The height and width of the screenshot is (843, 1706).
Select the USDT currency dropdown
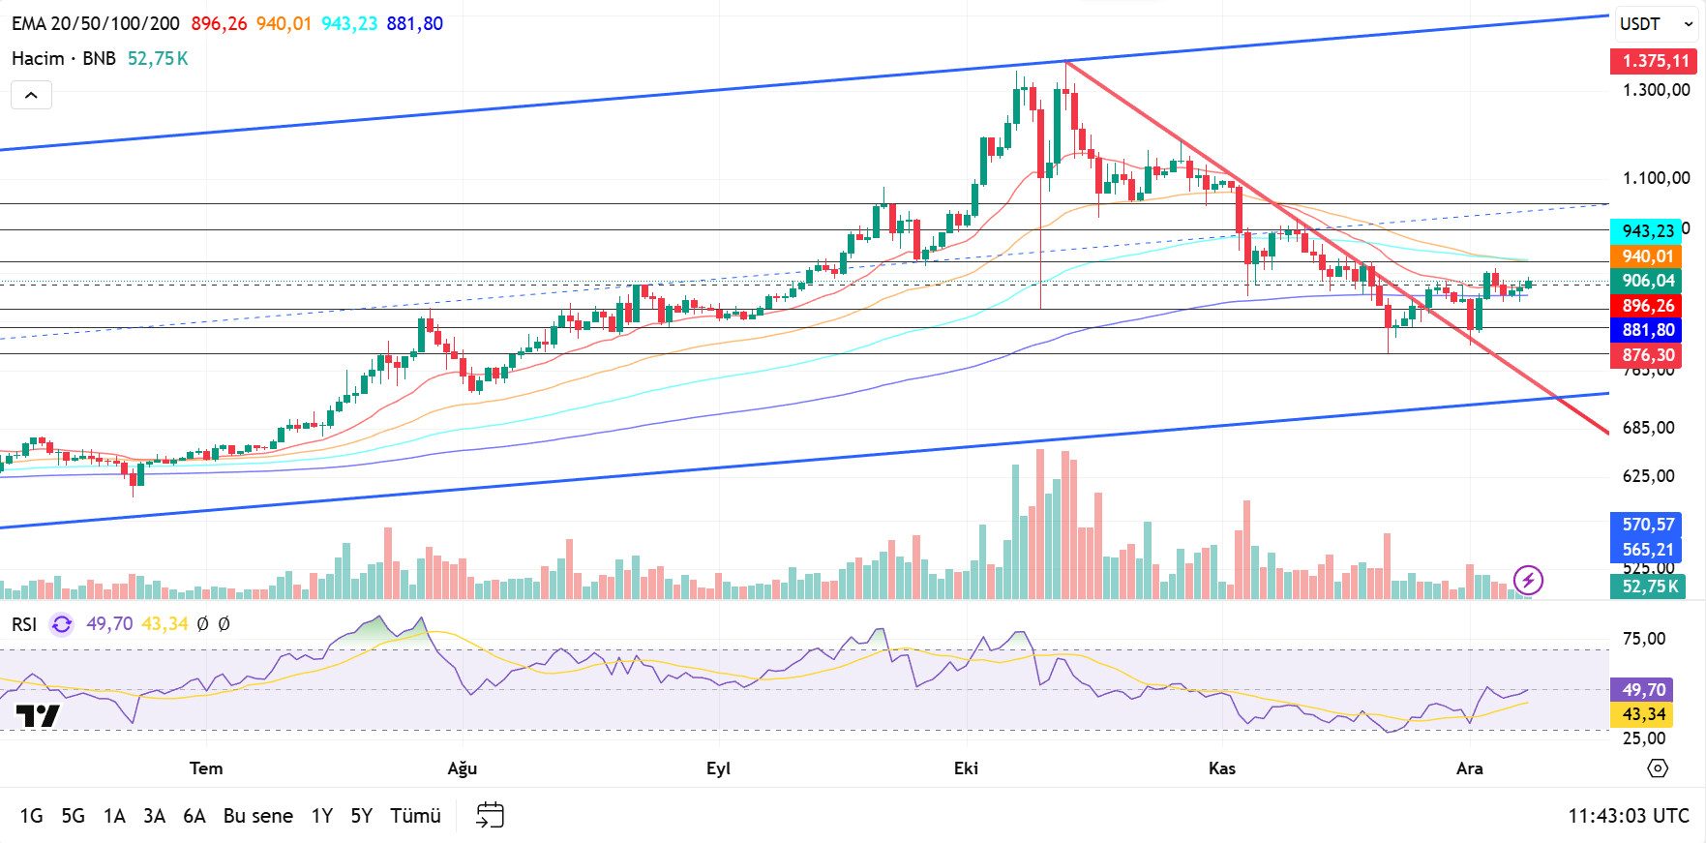pyautogui.click(x=1656, y=24)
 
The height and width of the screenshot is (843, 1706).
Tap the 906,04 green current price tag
pyautogui.click(x=1647, y=281)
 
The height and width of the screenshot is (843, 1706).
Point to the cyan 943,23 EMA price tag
pyautogui.click(x=1647, y=230)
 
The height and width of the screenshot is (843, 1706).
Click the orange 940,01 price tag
pyautogui.click(x=1647, y=256)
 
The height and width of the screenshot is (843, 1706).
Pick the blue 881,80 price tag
pyautogui.click(x=1647, y=330)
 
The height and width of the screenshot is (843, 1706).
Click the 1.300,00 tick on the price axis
pyautogui.click(x=1656, y=90)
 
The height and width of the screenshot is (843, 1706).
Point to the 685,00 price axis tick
pyautogui.click(x=1648, y=428)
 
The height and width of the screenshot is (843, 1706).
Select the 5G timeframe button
pyautogui.click(x=73, y=816)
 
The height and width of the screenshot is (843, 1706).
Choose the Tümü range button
pyautogui.click(x=415, y=816)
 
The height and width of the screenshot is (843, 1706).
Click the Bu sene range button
pyautogui.click(x=257, y=816)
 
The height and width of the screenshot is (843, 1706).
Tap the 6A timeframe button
pyautogui.click(x=194, y=816)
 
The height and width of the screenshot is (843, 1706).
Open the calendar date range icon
pyautogui.click(x=491, y=815)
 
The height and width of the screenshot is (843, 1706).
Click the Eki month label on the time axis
pyautogui.click(x=966, y=768)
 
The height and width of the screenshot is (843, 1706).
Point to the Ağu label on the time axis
pyautogui.click(x=462, y=768)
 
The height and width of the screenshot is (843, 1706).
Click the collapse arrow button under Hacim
pyautogui.click(x=31, y=95)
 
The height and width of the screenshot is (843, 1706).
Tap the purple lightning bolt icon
pyautogui.click(x=1528, y=580)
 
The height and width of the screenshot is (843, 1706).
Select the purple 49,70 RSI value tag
pyautogui.click(x=1643, y=689)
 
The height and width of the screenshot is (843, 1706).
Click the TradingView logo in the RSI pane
pyautogui.click(x=38, y=716)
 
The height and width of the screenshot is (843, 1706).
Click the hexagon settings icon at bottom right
pyautogui.click(x=1658, y=768)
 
